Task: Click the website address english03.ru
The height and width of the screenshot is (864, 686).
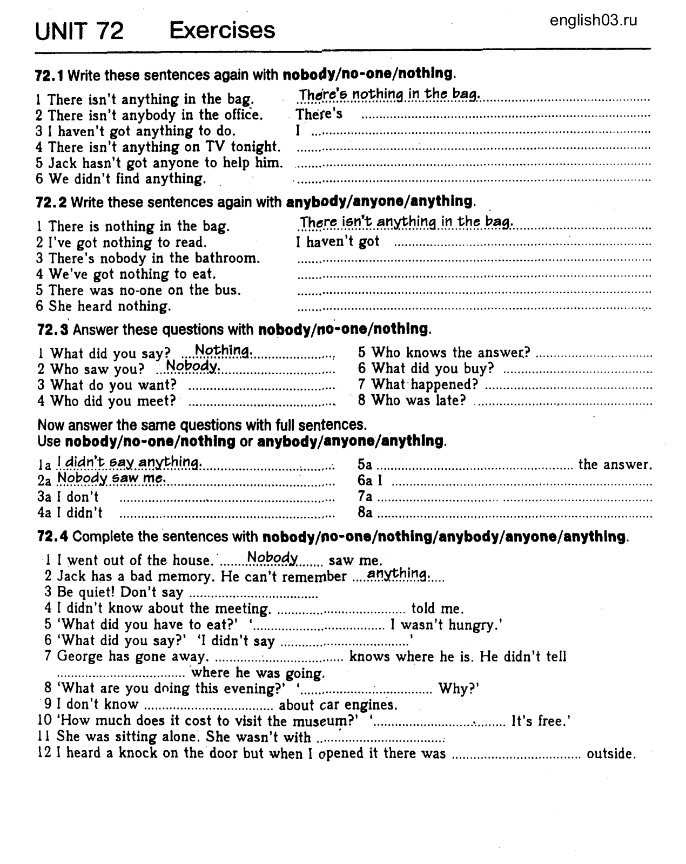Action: (x=594, y=21)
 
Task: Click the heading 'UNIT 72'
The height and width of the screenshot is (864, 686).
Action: (x=79, y=31)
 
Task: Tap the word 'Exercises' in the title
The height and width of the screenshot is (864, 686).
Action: (x=222, y=30)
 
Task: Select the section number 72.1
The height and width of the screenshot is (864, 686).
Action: (x=50, y=75)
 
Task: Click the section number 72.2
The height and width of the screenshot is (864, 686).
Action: (x=51, y=202)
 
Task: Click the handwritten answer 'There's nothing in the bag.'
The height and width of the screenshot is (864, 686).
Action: (x=389, y=94)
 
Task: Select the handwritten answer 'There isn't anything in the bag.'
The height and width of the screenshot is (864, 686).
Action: (x=406, y=222)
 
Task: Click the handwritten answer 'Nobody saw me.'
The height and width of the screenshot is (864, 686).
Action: (x=111, y=478)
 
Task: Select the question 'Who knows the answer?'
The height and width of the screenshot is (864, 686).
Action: (x=444, y=353)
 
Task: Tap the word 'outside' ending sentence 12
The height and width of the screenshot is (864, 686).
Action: (x=611, y=753)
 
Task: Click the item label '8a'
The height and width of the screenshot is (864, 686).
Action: (x=365, y=512)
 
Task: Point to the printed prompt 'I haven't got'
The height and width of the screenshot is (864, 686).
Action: (x=338, y=242)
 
